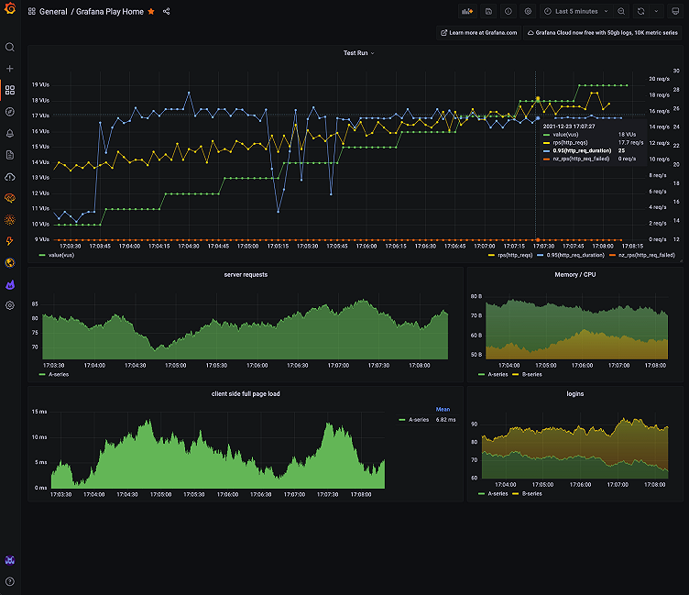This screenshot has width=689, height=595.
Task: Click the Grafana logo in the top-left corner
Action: tap(10, 11)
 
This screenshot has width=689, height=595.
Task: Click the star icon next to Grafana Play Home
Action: tap(151, 12)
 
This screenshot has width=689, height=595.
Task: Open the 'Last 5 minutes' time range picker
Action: tap(575, 12)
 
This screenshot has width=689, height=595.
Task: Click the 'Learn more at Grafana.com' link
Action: tap(479, 32)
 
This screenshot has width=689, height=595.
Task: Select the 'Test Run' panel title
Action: tap(355, 53)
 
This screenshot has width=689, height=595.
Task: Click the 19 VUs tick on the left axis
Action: tap(40, 85)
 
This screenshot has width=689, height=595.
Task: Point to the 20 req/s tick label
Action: tap(659, 78)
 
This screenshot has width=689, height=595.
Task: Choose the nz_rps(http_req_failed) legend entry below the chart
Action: tap(644, 255)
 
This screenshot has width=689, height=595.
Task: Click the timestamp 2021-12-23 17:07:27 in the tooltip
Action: tap(569, 126)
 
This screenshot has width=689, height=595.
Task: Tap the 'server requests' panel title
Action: tap(246, 274)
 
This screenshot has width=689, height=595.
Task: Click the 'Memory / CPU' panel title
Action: tap(575, 274)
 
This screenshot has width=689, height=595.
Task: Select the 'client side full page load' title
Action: tap(246, 393)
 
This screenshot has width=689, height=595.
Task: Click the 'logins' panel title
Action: tap(575, 393)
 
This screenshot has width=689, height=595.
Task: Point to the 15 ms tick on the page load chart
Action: tap(40, 412)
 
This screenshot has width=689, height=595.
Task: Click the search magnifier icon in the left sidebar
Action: tap(10, 47)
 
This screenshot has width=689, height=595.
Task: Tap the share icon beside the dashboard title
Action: tap(166, 12)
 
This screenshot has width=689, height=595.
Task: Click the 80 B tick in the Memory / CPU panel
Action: tap(476, 296)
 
